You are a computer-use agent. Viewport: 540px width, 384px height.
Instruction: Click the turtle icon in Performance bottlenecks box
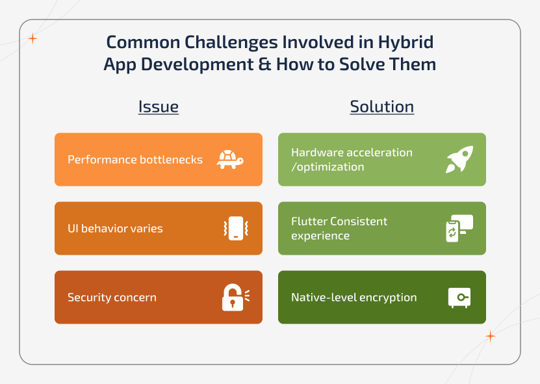click(x=230, y=160)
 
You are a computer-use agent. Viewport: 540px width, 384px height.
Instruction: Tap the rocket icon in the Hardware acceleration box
click(x=459, y=160)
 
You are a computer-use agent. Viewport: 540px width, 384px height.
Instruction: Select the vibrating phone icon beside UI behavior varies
click(x=236, y=229)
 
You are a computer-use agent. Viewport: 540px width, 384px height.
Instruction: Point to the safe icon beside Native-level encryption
click(x=459, y=298)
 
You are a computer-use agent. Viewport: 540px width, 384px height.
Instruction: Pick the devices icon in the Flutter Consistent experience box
click(x=459, y=229)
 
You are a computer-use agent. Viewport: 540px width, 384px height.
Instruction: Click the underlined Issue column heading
click(x=158, y=107)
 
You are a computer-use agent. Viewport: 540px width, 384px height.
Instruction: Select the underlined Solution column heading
click(x=381, y=107)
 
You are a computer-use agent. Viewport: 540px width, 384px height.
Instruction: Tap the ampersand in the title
click(x=263, y=65)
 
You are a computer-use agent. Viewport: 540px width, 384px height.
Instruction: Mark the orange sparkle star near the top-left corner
click(x=32, y=39)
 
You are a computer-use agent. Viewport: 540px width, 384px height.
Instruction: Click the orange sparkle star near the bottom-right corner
click(x=490, y=336)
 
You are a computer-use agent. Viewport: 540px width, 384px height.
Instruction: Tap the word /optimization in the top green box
click(x=328, y=167)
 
